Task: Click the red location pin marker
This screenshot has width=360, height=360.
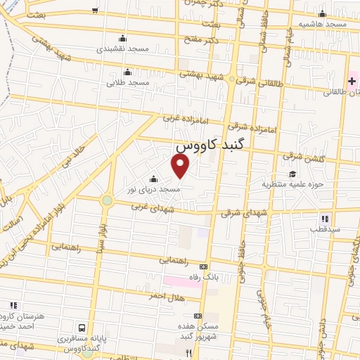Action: tap(181, 166)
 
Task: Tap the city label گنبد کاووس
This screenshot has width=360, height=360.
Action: tap(210, 147)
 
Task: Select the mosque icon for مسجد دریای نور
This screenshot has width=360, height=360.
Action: tap(153, 179)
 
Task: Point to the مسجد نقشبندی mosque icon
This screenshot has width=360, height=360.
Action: tap(124, 38)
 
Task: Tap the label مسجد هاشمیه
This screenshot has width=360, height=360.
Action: tap(322, 24)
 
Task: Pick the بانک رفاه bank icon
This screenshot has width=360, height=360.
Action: tap(204, 266)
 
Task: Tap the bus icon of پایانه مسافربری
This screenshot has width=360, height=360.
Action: tap(82, 328)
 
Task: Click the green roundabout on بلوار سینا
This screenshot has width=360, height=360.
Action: tap(107, 200)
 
